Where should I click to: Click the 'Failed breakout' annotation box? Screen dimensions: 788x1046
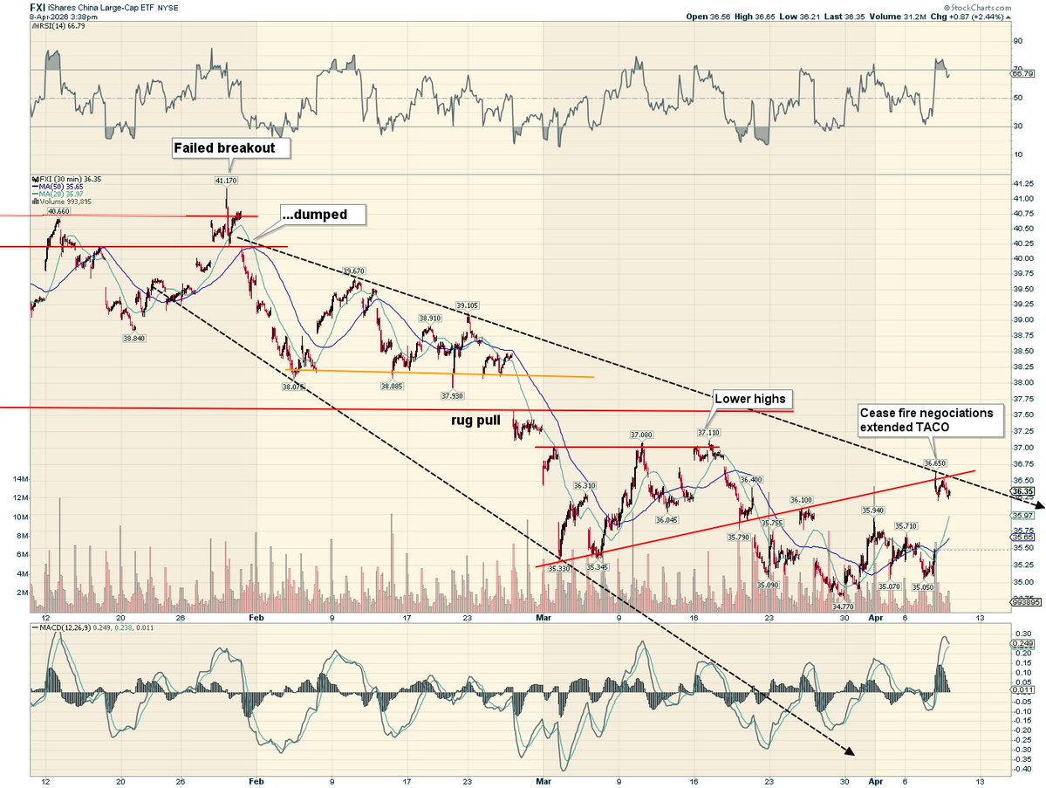pos(224,148)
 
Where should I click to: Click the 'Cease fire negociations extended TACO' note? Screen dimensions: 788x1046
pos(926,421)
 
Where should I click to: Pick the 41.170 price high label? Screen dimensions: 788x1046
pos(225,181)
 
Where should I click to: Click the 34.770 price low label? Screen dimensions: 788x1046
pos(843,606)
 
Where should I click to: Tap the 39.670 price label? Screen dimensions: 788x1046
pos(354,271)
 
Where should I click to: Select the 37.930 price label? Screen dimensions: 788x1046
pos(453,395)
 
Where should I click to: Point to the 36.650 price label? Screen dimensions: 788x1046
pos(935,463)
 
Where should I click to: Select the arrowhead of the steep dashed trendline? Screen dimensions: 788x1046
pos(848,751)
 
